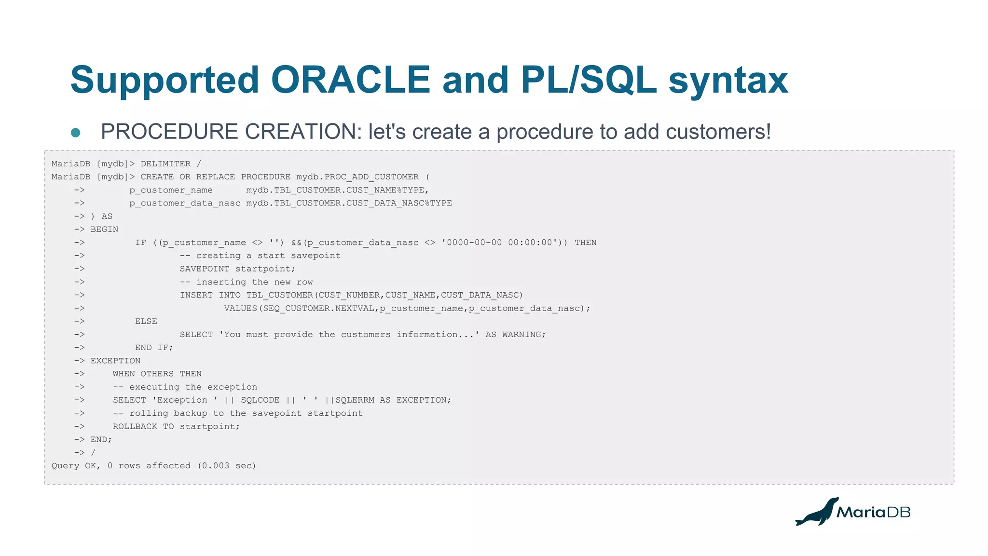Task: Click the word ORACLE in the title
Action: [350, 80]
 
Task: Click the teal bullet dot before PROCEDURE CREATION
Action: [76, 133]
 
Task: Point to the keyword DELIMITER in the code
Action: [165, 164]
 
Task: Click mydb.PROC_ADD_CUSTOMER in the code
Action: [357, 177]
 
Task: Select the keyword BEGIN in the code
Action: [104, 230]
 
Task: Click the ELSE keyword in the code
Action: [146, 322]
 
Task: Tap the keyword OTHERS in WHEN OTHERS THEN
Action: [157, 374]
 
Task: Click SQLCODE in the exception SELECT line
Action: [260, 400]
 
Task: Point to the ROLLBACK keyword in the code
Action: [135, 427]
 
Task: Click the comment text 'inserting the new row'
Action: [254, 282]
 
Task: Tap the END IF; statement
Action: [153, 348]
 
